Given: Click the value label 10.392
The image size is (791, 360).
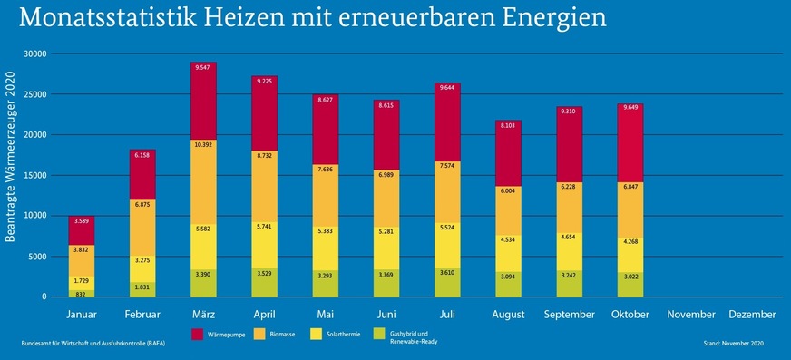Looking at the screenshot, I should point(202,145).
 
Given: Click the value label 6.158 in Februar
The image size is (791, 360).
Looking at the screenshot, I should point(142,156).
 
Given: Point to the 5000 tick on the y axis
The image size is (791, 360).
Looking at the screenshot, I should point(37,257).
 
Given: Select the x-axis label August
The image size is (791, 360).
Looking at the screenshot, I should point(508,314).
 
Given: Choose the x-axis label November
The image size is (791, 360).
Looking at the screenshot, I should point(692,314).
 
